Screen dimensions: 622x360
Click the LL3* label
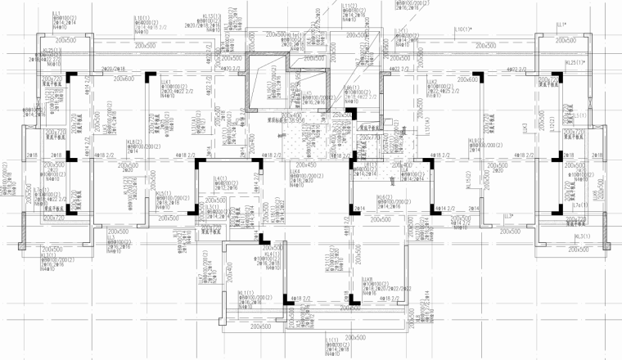pos(508,216)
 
